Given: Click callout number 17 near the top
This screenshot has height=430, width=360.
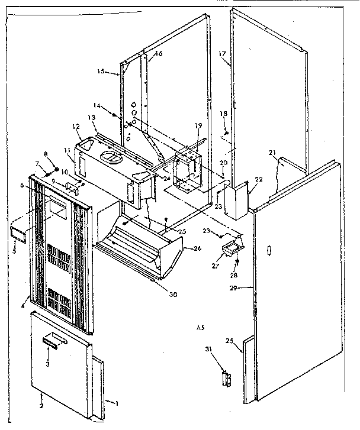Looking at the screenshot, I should click(223, 54).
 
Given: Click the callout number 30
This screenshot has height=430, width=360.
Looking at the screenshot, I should click(172, 295).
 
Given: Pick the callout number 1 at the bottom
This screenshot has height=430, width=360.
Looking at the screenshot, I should click(117, 403).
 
